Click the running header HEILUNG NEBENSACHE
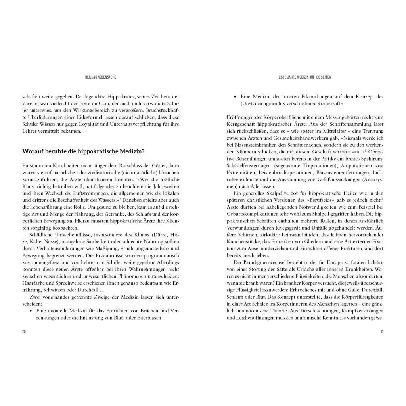(x=101, y=77)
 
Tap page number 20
(x=24, y=331)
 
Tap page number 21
(x=382, y=331)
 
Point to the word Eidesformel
(x=97, y=118)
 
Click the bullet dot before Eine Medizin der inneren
(x=236, y=96)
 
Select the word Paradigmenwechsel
(x=264, y=263)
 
